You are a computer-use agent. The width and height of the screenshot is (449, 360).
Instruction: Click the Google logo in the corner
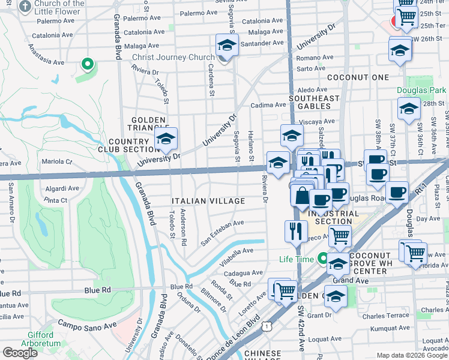click(20, 352)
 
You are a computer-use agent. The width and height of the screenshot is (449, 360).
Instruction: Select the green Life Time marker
click(323, 259)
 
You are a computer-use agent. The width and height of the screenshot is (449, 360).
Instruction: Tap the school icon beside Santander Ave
click(227, 44)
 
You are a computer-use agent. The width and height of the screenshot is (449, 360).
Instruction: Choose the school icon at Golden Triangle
click(166, 140)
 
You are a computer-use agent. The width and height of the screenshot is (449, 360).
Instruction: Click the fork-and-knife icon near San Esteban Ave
click(295, 230)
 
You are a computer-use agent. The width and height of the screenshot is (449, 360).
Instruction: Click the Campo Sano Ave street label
click(86, 325)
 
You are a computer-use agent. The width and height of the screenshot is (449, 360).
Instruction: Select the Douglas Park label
click(421, 91)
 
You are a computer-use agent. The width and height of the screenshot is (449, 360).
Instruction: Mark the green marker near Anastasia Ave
click(87, 63)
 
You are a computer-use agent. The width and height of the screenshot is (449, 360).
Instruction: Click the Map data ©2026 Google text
click(412, 355)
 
